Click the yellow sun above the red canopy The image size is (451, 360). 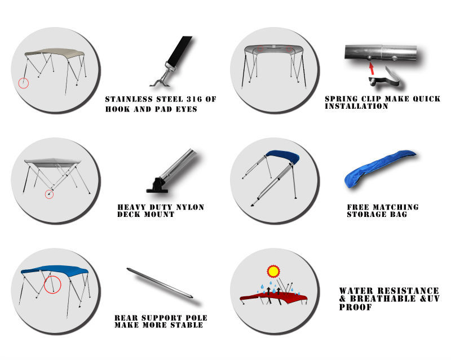[x=273, y=271]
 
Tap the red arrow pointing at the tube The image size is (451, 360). [x=372, y=69]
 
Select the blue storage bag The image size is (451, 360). [x=380, y=168]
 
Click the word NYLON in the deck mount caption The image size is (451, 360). [x=190, y=207]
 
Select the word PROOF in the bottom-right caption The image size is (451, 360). [x=356, y=307]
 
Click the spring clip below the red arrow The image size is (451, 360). [x=384, y=78]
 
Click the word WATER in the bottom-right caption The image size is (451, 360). [x=356, y=291]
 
